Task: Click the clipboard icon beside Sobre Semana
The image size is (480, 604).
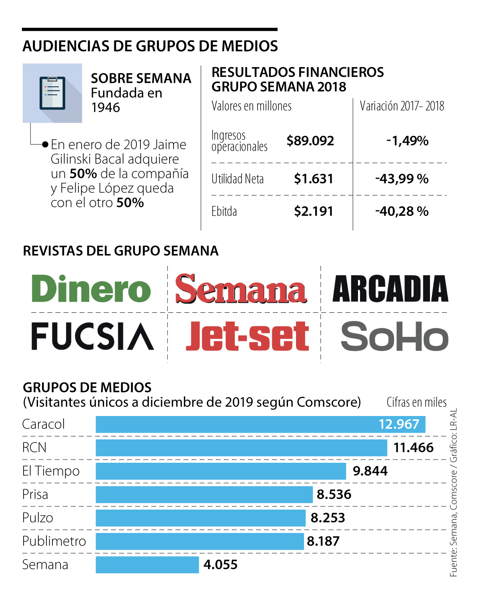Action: click(x=52, y=93)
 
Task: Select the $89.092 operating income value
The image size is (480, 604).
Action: click(x=310, y=141)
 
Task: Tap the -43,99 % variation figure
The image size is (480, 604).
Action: click(x=402, y=179)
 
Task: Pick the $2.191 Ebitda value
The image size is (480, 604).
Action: click(x=313, y=211)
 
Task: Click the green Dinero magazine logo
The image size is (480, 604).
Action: click(x=91, y=289)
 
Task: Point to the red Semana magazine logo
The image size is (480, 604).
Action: click(x=241, y=289)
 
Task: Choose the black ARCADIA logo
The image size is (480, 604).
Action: click(x=390, y=289)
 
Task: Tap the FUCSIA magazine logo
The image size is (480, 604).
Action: click(x=92, y=336)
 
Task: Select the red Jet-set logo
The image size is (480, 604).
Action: click(x=247, y=336)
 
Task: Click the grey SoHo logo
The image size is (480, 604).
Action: click(x=394, y=336)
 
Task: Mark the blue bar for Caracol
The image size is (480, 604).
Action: click(x=260, y=424)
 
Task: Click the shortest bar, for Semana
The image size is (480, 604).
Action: click(x=147, y=565)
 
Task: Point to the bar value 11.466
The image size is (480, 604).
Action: click(x=413, y=448)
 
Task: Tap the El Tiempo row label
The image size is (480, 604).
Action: click(x=51, y=471)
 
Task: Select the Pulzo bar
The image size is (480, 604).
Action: click(x=200, y=518)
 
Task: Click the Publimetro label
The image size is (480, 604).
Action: click(x=54, y=541)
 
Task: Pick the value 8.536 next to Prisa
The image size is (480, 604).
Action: click(x=334, y=494)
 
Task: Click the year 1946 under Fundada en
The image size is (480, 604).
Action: click(x=106, y=108)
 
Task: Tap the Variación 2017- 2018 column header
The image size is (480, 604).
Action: click(x=402, y=106)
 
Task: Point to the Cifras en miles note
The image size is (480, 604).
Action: click(x=416, y=402)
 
